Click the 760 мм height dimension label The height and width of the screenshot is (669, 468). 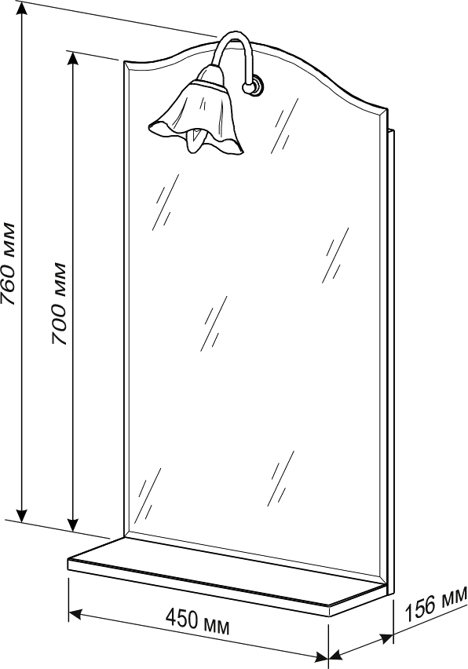(x=9, y=263)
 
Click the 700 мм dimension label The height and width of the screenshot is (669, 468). (x=59, y=304)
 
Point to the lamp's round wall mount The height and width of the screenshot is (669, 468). (x=255, y=86)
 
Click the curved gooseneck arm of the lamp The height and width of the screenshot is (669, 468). (x=233, y=54)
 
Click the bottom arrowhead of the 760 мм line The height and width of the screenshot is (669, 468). (x=22, y=515)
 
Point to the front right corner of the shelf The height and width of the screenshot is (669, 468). (x=331, y=607)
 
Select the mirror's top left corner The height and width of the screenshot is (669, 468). (x=124, y=61)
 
